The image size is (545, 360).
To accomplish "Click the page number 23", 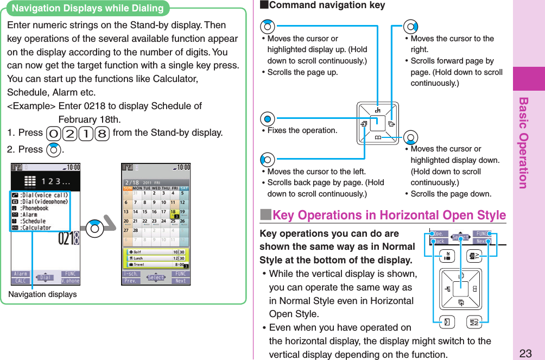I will click(x=525, y=353).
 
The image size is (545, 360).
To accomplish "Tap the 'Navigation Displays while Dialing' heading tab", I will click(x=87, y=8).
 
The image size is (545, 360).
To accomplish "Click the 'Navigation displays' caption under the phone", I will click(x=42, y=294).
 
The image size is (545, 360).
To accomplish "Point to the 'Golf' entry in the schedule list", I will click(x=137, y=252).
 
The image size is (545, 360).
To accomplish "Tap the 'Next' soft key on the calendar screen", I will click(x=180, y=281).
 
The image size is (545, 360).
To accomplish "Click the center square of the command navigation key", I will click(x=378, y=123).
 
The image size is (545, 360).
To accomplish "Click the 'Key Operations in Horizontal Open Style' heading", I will click(x=389, y=216).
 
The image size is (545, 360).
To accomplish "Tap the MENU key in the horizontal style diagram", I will click(x=473, y=323).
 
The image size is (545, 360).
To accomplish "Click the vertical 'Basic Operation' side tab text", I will click(x=523, y=143).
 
